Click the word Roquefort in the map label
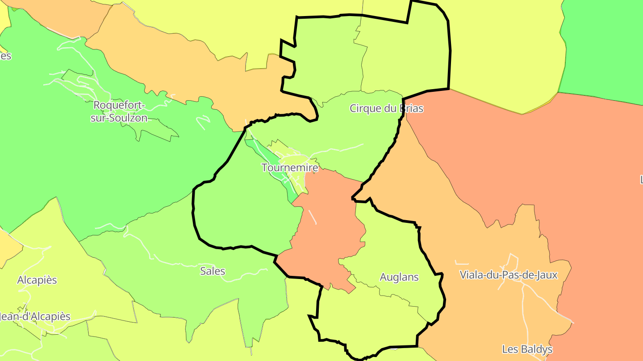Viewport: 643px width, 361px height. (119, 105)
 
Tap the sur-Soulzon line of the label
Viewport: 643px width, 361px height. (119, 118)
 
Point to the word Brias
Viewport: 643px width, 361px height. (409, 108)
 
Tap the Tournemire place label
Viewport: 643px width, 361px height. (290, 168)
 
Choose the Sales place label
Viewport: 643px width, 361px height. (213, 271)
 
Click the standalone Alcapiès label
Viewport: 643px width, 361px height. (37, 280)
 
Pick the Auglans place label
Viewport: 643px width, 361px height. (399, 277)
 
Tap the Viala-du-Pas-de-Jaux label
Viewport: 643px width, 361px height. (509, 275)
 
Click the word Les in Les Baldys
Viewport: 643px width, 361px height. (511, 349)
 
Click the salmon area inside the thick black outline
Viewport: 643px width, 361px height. (330, 232)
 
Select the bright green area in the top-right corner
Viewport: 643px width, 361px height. (603, 45)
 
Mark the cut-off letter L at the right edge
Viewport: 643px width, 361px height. (641, 180)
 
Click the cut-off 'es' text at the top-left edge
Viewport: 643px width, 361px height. (5, 56)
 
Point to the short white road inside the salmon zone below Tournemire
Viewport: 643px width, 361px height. (312, 217)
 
